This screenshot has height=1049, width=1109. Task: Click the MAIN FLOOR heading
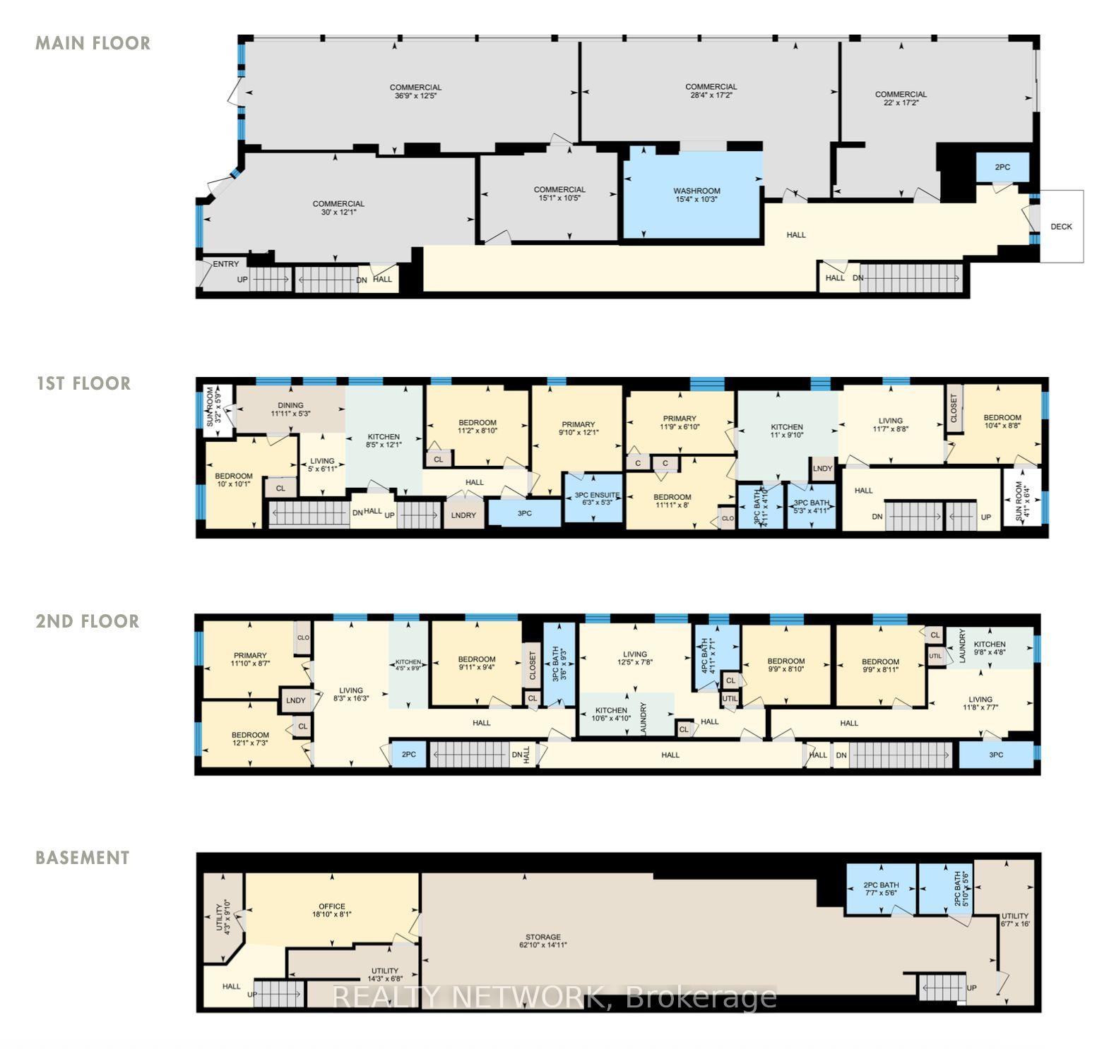coord(93,43)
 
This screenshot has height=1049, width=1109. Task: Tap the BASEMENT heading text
coord(83,858)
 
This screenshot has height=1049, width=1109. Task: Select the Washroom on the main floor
coord(696,195)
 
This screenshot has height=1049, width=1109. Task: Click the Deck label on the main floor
coord(1061,227)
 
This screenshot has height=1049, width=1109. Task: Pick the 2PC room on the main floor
coord(1002,167)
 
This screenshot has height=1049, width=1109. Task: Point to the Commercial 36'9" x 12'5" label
coord(415,91)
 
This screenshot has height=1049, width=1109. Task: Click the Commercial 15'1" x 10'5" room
coord(559,193)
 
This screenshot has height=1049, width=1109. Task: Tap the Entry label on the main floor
coord(225,264)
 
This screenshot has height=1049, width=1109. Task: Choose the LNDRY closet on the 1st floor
coord(463,515)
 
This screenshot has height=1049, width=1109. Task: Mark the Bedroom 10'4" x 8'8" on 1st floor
coord(1002,421)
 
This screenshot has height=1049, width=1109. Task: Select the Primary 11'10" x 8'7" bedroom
coord(250,659)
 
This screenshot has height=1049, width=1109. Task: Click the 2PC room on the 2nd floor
coord(408,754)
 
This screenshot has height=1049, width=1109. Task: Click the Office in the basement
coord(331,910)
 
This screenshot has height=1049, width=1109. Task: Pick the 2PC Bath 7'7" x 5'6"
coord(881,888)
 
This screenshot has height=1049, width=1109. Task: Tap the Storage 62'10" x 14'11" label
coord(542,940)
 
